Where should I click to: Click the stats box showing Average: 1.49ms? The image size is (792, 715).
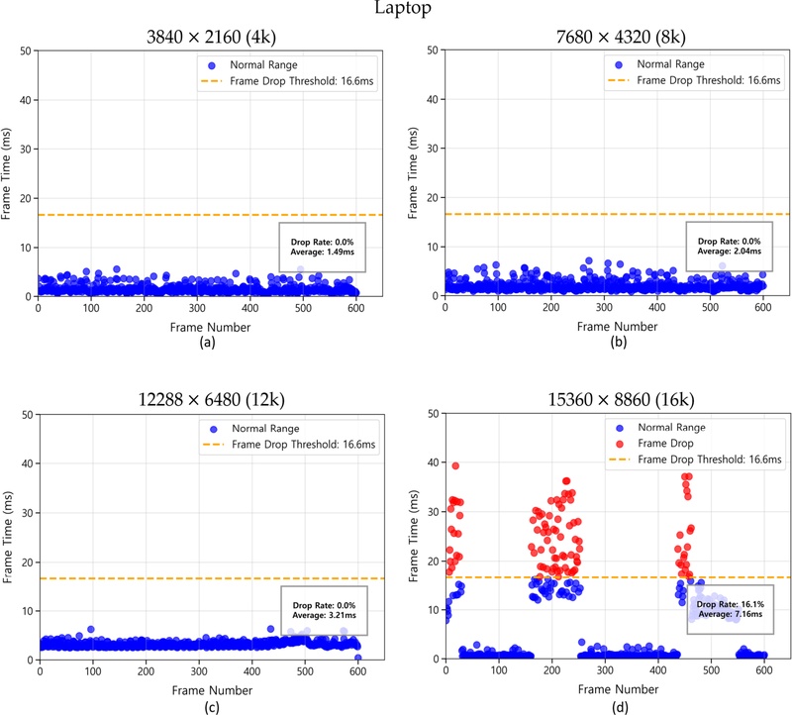[324, 247]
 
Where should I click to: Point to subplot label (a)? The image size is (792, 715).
[207, 343]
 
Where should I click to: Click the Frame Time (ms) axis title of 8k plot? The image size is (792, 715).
[414, 173]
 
